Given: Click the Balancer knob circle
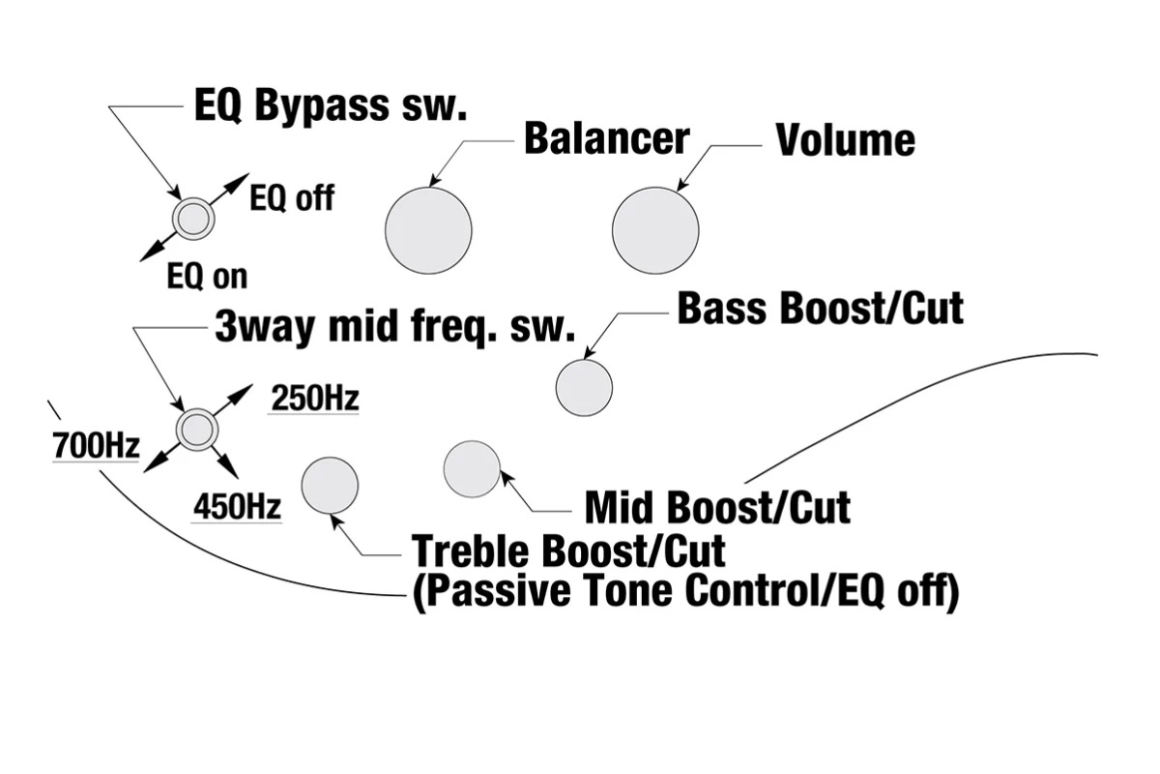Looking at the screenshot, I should (428, 230).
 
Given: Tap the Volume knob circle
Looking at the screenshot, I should (655, 230).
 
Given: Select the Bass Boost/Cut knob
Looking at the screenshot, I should (584, 388).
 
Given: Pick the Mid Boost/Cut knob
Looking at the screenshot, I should (472, 468).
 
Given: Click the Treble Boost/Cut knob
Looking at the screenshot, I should (331, 485).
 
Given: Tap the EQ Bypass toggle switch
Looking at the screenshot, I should (193, 219).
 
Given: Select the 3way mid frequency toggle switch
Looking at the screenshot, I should (196, 429).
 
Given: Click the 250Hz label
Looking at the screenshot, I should (314, 398).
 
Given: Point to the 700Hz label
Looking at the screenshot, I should (96, 447).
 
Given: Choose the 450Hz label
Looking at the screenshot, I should (237, 506).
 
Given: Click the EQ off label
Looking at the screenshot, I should (292, 198).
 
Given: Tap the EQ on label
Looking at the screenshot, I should (207, 277).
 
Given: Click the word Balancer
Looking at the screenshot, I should (606, 138).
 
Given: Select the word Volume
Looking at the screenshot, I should (845, 140).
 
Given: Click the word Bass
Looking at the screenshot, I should (723, 309).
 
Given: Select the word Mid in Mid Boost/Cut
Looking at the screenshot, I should (620, 507).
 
